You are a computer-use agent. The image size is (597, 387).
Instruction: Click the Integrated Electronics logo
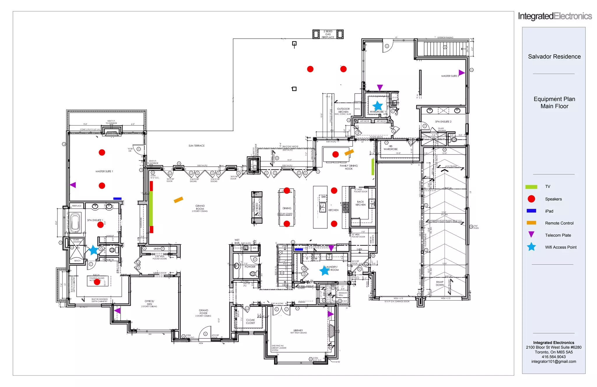pos(554,16)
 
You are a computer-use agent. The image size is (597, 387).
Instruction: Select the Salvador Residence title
pos(554,57)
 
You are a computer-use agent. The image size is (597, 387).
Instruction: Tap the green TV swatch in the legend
pos(531,187)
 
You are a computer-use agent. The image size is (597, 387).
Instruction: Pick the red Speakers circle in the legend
pos(531,199)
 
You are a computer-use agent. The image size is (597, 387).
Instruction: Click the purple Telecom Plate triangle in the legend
pos(531,235)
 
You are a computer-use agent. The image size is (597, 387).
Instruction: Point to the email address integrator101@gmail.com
pos(554,362)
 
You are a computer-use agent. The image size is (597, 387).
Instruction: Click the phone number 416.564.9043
pos(554,357)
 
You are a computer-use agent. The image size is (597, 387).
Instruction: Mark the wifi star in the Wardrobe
pos(377,105)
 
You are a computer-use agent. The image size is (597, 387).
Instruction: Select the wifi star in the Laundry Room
pos(324,270)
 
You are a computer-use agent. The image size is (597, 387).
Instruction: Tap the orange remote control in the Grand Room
pos(178,200)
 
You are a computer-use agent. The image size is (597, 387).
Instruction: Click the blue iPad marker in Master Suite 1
pos(117,199)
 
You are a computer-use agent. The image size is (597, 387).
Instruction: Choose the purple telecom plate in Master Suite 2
pos(461,72)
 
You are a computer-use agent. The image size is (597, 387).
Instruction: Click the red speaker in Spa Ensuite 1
pos(100,225)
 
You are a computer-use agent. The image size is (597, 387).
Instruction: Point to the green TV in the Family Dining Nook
pos(373,167)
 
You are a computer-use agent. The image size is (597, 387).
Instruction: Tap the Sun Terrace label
pos(196,146)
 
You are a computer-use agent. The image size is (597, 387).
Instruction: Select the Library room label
pos(298,331)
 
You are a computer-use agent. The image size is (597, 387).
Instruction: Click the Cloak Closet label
pos(250,322)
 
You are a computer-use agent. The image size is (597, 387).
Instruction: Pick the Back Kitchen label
pos(360,203)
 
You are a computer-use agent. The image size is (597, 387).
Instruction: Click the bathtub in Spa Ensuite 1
pos(75,222)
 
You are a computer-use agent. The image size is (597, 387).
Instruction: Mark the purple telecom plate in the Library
pos(331,314)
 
